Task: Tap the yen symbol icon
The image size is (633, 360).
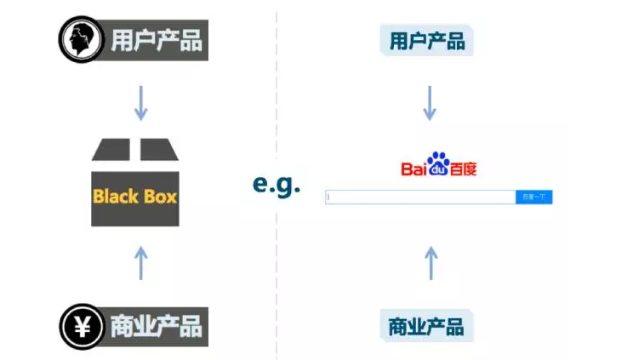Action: coord(82,327)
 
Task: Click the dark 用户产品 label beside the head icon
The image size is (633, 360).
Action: coord(157,40)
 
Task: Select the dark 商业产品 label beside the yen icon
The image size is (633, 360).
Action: coord(157,327)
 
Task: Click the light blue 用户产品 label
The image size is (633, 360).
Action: coord(427,40)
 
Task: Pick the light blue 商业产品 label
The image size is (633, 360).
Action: coord(426,326)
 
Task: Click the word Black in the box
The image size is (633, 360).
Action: coord(115,197)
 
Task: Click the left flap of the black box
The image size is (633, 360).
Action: coord(111,150)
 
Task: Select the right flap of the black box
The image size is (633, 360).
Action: coord(159,150)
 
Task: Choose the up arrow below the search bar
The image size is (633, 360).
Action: coord(431,262)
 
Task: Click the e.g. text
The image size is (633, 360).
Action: coord(277,184)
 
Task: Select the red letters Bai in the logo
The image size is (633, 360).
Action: coord(413,168)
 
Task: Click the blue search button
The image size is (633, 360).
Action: coord(534,197)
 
